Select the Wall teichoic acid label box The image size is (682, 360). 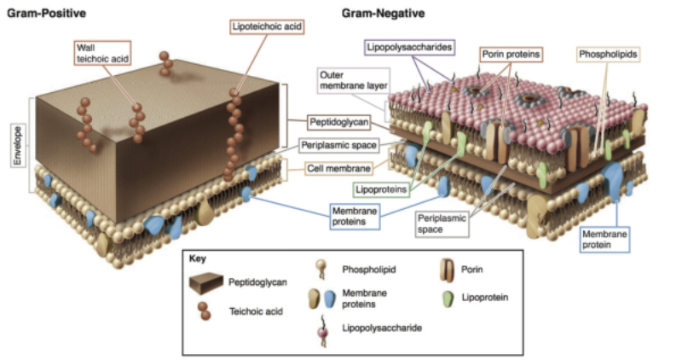click(x=95, y=53)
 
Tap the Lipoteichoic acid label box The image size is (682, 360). click(x=268, y=26)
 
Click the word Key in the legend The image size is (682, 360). click(x=199, y=257)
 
